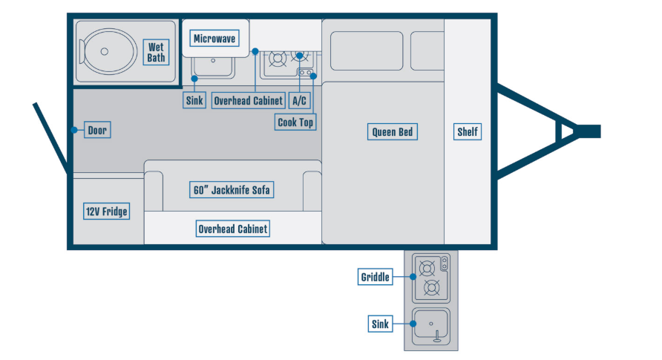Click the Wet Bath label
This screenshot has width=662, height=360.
point(156,52)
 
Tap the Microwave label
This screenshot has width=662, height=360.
point(214,39)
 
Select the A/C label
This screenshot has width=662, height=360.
point(299,100)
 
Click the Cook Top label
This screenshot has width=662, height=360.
point(295,122)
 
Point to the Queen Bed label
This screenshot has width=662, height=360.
point(393,132)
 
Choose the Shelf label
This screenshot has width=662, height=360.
point(467,132)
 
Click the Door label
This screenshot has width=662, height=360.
point(97,131)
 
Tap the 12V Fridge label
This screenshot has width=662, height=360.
point(106,212)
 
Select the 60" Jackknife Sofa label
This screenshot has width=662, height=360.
point(232,190)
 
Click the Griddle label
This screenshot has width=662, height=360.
point(375,277)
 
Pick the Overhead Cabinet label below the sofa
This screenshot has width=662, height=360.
point(232,229)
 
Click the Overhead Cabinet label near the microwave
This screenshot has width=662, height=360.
point(248,100)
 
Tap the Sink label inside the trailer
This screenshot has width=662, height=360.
point(195,100)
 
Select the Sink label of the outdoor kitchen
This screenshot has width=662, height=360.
point(379,324)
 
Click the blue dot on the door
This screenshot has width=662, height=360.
point(74,130)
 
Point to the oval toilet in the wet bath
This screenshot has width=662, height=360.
point(108,51)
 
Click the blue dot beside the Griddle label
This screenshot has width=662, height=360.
point(412,277)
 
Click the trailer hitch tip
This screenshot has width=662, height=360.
point(594,131)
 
